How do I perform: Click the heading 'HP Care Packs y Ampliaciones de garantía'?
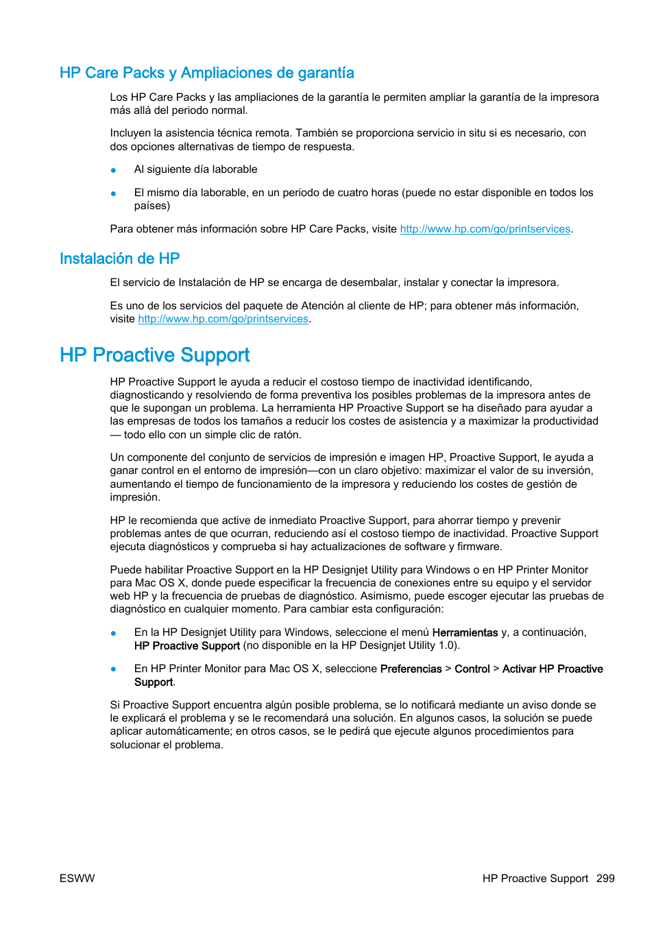tap(206, 73)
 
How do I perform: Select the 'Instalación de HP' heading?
tap(119, 259)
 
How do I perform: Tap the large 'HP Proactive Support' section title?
tap(154, 355)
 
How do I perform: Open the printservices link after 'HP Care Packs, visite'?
tap(485, 229)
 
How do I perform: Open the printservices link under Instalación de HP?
tap(223, 319)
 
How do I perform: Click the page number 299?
tap(605, 879)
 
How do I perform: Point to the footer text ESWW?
tap(77, 879)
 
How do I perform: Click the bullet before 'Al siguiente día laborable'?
tap(113, 170)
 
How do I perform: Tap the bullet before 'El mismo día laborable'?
tap(113, 193)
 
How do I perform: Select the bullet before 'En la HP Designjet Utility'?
tap(113, 633)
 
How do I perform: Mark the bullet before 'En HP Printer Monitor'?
tap(113, 669)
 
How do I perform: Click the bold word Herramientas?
tap(465, 632)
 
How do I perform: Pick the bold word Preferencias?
tap(411, 669)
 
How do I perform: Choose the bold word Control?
tap(472, 669)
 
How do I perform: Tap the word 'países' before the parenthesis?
tap(150, 206)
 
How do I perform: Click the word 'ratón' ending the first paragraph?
tap(287, 435)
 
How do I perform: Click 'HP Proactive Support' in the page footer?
tap(535, 879)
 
